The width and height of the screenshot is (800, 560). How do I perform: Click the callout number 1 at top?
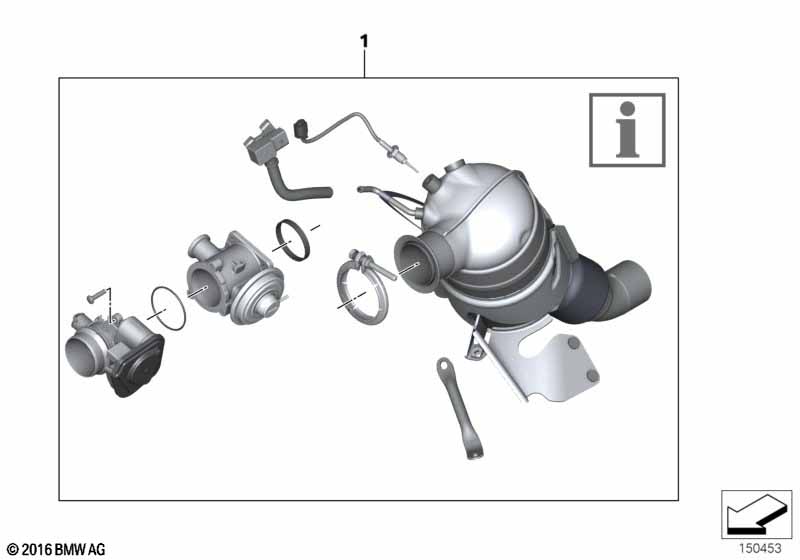364,41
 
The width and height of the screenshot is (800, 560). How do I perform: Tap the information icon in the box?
627,130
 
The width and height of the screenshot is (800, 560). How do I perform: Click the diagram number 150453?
760,548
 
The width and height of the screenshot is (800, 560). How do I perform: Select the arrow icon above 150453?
757,514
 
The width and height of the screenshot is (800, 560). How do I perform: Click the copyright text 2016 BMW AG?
56,550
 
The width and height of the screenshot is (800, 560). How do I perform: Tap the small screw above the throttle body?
97,295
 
